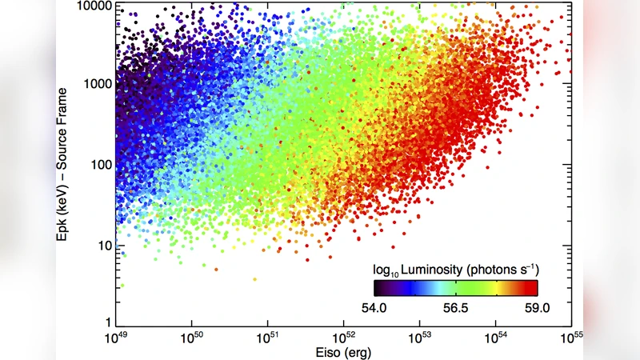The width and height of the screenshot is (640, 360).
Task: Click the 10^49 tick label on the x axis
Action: point(116,340)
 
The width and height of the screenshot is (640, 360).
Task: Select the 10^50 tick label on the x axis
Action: point(192,340)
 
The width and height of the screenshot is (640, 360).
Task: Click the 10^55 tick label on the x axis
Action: point(570,340)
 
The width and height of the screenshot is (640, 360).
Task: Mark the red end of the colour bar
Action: point(532,286)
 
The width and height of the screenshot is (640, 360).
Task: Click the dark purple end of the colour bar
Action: point(378,286)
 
